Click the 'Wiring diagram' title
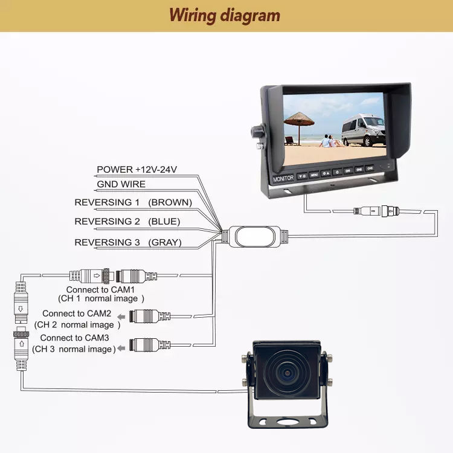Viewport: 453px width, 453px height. tap(225, 15)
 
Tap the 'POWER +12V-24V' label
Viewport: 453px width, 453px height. tap(137, 170)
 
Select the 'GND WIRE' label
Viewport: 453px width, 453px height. tap(121, 184)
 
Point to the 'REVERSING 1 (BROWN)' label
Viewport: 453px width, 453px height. tap(133, 202)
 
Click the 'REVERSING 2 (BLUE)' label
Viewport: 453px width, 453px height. tap(127, 222)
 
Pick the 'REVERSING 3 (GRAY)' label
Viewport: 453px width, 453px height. tap(128, 243)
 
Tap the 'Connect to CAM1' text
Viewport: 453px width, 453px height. tap(101, 290)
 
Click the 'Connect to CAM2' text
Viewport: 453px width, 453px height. tap(76, 313)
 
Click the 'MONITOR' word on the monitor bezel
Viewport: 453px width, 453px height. tap(283, 179)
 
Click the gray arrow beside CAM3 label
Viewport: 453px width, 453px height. tap(121, 347)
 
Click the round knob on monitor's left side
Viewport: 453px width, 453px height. tap(257, 132)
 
